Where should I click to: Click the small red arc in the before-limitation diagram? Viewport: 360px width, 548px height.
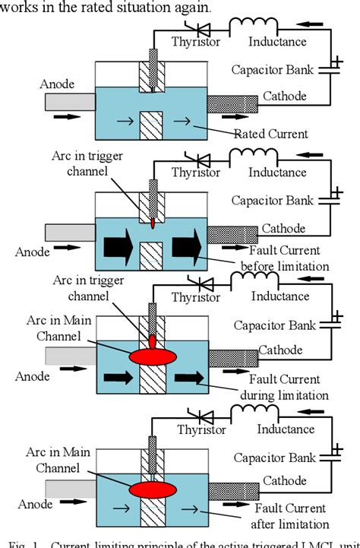point(153,224)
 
